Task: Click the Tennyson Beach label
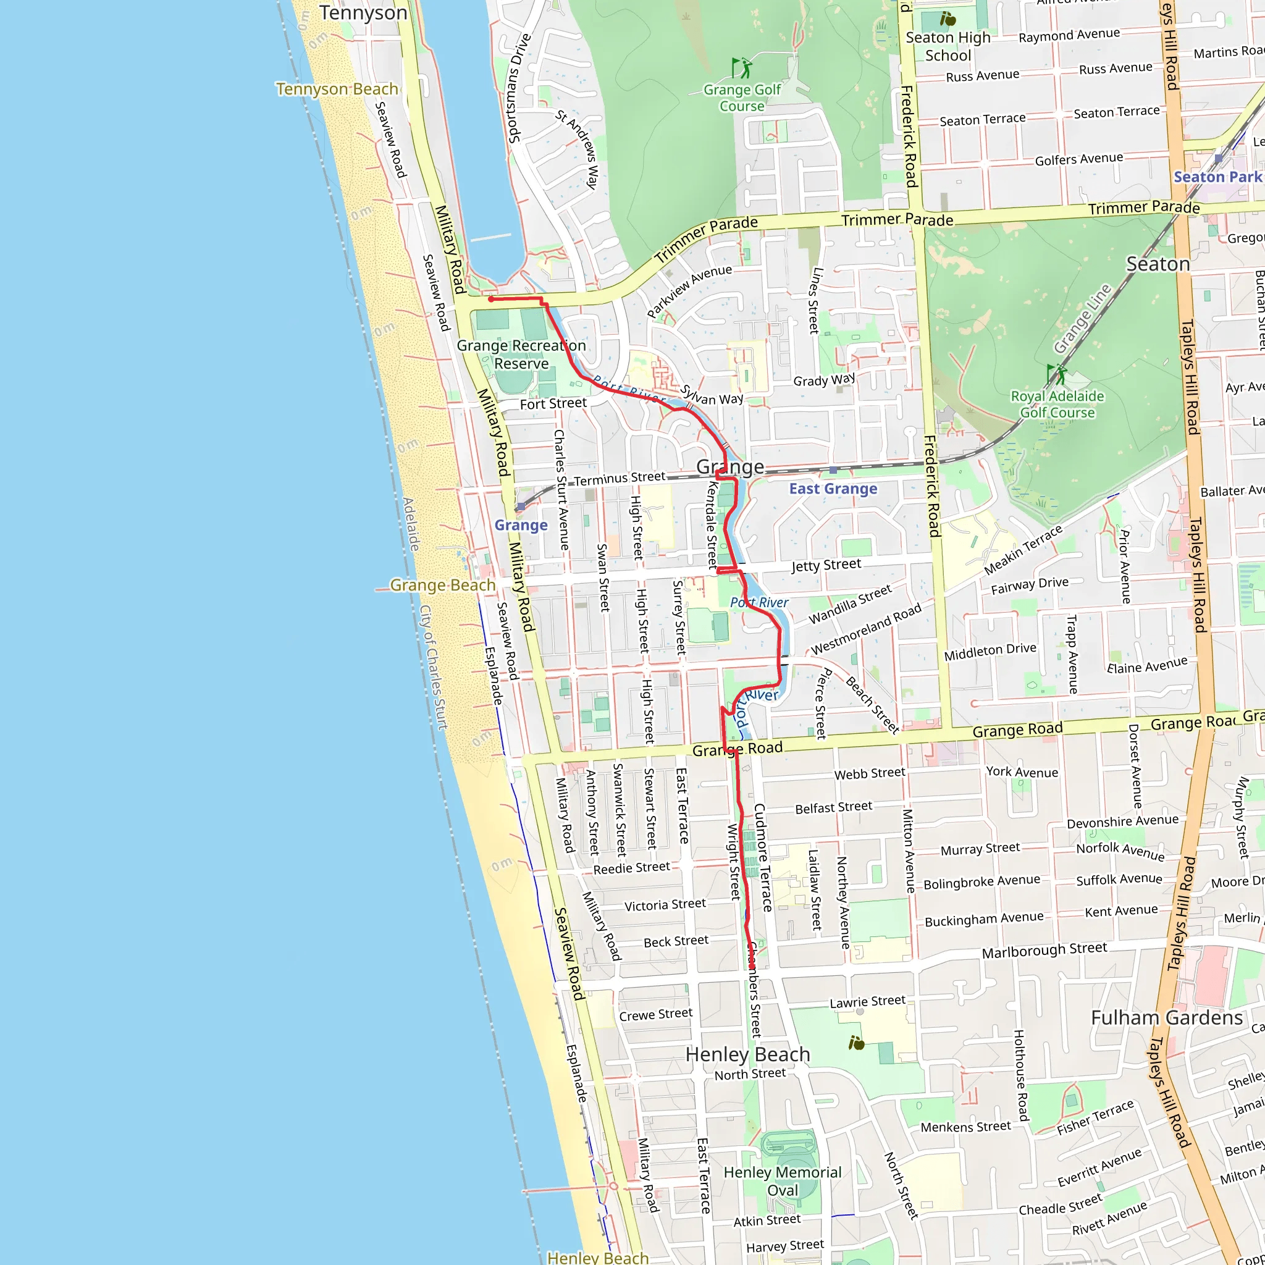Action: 337,89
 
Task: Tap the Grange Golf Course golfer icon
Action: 741,67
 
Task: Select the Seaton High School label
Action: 948,46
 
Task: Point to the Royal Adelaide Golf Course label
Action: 1057,404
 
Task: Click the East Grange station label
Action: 833,489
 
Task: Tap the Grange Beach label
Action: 443,585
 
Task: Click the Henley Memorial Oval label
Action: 783,1181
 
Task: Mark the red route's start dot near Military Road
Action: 490,299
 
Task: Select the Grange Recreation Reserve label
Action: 521,354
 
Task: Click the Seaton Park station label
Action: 1217,177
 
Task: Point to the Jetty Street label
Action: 826,565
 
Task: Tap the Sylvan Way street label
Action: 712,395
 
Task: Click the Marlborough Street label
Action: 1044,950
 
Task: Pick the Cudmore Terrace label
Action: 763,858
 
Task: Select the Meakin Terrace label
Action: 1023,550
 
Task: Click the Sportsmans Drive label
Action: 520,88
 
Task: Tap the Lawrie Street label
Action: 868,1002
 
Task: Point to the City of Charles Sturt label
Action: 434,667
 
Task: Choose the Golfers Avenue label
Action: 1079,159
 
